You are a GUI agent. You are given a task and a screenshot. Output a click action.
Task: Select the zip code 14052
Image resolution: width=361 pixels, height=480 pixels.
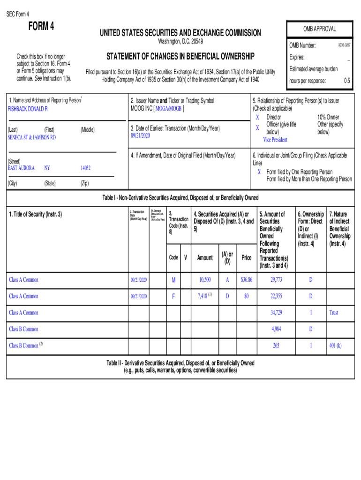[85, 167]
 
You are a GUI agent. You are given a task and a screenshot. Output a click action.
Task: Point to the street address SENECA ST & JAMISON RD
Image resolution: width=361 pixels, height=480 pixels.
[31, 138]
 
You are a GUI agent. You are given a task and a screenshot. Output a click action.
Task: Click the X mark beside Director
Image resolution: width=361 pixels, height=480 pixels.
[257, 117]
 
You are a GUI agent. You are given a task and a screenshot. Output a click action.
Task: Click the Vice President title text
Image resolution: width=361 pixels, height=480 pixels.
[275, 140]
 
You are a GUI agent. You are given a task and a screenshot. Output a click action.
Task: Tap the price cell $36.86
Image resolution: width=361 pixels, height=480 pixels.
[246, 280]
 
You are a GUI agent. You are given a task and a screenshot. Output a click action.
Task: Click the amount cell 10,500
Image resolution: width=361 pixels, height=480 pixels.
[204, 280]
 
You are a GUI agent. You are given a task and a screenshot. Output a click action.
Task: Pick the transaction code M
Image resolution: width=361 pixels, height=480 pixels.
[173, 280]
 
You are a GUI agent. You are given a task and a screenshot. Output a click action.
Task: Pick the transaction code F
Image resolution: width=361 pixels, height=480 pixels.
[173, 296]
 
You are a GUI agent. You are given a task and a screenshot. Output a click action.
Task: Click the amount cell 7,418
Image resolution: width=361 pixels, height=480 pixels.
[202, 296]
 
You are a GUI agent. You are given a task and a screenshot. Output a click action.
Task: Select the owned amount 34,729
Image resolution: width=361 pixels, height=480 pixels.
[276, 313]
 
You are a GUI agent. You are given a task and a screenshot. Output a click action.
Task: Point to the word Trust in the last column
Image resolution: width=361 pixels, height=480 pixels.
[334, 313]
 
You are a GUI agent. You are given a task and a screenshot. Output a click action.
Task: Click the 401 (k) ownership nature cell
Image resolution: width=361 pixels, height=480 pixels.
[335, 346]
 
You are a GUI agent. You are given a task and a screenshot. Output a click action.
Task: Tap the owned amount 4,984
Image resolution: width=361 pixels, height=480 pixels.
[276, 329]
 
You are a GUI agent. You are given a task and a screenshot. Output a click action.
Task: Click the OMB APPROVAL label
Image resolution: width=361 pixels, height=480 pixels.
[318, 29]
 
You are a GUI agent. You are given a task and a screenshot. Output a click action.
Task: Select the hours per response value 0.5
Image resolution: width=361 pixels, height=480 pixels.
[347, 81]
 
